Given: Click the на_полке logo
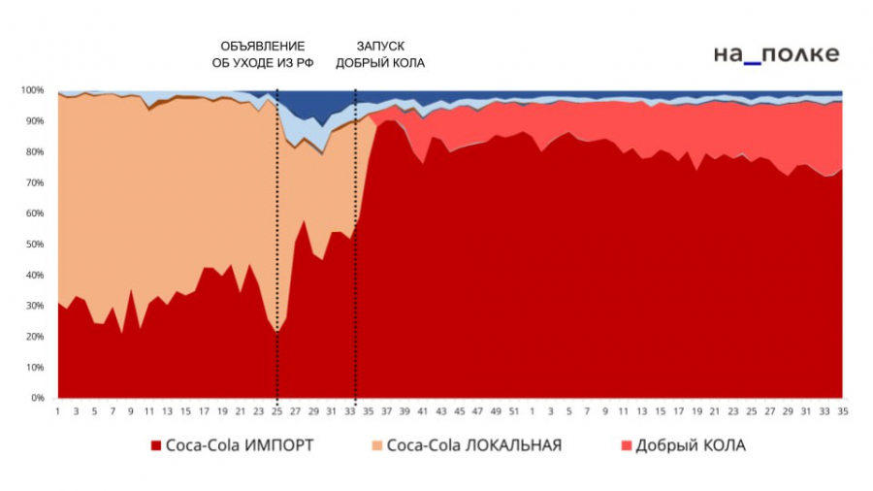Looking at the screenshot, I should [776, 55].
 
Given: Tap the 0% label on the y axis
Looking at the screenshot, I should [37, 398].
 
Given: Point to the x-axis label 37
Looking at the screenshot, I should [387, 411].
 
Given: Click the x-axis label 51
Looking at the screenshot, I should [514, 411].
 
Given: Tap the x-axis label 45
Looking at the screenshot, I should [460, 411].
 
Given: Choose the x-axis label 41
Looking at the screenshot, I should [423, 411].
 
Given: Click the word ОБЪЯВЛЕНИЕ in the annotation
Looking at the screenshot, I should [262, 46].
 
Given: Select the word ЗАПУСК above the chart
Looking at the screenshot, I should [380, 46].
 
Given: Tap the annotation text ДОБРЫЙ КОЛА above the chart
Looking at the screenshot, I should [380, 63].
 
